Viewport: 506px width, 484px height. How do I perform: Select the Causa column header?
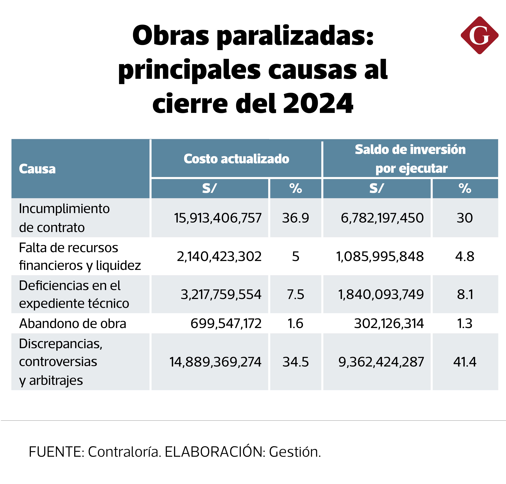coord(37,169)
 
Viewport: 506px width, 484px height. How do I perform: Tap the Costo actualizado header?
coord(236,159)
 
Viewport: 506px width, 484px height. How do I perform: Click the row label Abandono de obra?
coord(73,324)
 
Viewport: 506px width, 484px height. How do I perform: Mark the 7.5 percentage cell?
coord(295,294)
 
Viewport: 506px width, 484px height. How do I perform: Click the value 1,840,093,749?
coord(381,294)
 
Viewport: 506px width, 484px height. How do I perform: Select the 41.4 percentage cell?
coord(465,362)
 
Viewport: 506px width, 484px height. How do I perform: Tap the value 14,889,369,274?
coord(215,362)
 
